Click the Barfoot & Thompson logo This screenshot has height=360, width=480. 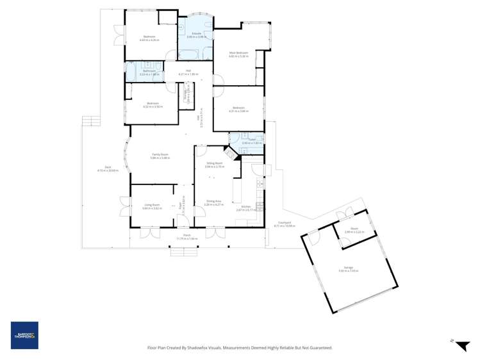(24, 335)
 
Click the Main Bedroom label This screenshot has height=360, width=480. (238, 54)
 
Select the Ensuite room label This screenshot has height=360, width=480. (197, 35)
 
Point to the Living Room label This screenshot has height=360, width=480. (151, 206)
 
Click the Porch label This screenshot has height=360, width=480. (188, 236)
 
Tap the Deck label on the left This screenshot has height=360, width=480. (101, 169)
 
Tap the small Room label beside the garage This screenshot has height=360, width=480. (353, 230)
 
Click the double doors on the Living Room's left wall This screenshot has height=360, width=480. (122, 206)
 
